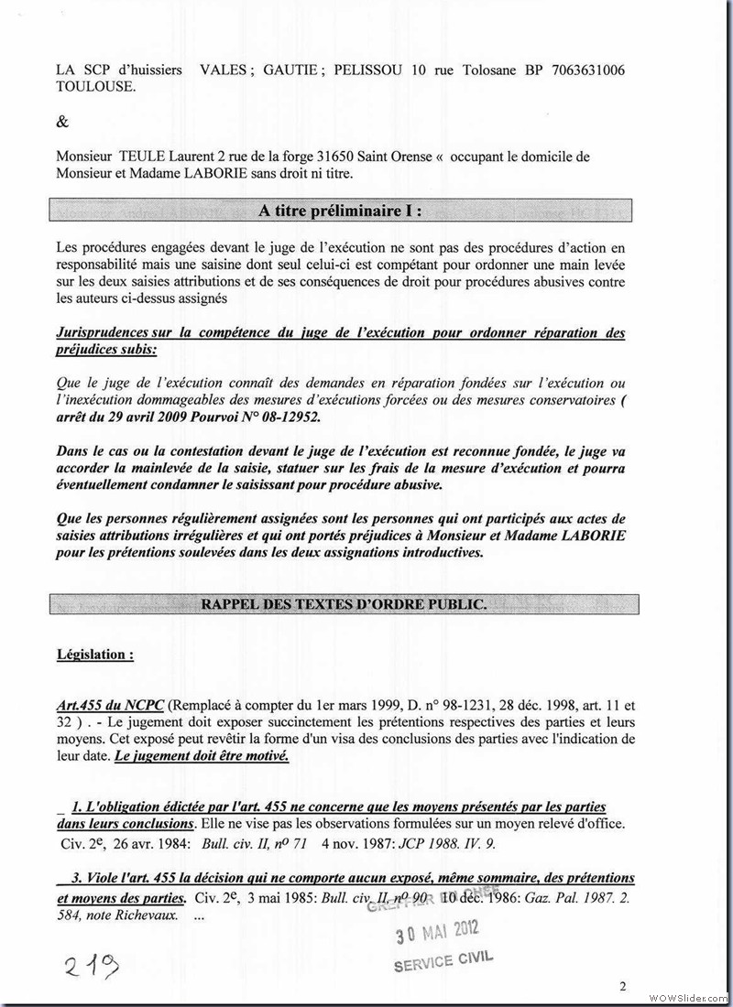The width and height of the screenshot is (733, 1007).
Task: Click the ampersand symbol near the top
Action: click(62, 122)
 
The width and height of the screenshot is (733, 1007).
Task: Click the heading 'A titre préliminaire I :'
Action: click(341, 211)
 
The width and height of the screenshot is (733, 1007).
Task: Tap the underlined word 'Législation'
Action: click(93, 655)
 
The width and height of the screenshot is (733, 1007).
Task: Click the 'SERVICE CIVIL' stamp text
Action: click(443, 960)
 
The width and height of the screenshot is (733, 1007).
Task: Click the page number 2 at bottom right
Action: click(622, 986)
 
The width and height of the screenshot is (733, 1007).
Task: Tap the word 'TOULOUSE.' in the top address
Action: click(95, 87)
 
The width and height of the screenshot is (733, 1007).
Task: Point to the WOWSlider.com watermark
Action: click(688, 995)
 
